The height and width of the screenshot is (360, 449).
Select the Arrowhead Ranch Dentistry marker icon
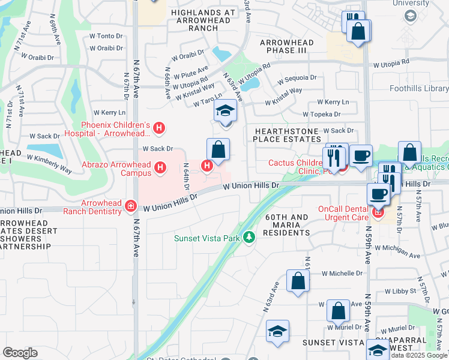tap(130, 208)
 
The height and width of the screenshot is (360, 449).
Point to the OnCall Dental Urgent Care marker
tap(378, 212)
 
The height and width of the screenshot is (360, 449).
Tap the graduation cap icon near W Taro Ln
tap(225, 112)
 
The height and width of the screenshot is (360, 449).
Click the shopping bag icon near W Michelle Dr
tap(298, 281)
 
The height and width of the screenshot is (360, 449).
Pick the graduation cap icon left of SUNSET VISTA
tap(277, 332)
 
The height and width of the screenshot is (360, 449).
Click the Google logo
tap(20, 352)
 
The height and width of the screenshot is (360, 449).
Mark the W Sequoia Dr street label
tap(297, 77)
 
